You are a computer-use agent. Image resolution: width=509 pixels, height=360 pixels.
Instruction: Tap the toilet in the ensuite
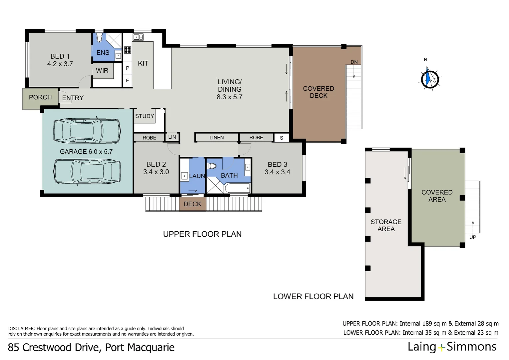click(99, 38)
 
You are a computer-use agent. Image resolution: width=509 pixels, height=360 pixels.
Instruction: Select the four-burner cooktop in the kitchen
click(128, 50)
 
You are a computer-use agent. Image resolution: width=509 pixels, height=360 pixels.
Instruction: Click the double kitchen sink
click(138, 37)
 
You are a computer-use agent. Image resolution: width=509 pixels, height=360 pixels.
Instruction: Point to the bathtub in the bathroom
click(237, 188)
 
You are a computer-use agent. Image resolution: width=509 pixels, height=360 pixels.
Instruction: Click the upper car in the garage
click(87, 131)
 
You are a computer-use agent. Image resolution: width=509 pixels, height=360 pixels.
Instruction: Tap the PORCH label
click(40, 97)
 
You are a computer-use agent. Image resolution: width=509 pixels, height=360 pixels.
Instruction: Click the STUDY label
click(145, 116)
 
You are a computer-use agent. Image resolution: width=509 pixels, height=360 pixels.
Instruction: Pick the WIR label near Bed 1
click(102, 70)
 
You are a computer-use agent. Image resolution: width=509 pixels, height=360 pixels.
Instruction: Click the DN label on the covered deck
click(354, 62)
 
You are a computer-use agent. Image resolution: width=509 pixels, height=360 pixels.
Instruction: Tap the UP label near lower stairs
click(473, 237)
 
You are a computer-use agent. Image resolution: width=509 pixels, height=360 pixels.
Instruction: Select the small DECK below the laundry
click(193, 204)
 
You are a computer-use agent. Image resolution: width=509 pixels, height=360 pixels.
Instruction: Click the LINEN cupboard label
click(217, 138)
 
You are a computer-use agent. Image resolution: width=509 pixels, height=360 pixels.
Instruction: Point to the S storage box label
click(281, 138)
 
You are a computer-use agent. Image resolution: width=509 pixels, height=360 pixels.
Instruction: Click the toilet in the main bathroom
click(211, 166)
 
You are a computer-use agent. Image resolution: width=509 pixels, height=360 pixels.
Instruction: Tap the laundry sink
click(184, 176)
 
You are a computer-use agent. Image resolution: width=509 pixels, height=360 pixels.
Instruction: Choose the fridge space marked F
click(127, 80)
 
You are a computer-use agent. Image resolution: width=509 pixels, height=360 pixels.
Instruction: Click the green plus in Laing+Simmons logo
click(441, 348)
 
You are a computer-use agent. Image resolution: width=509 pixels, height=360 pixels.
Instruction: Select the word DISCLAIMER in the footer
click(21, 328)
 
